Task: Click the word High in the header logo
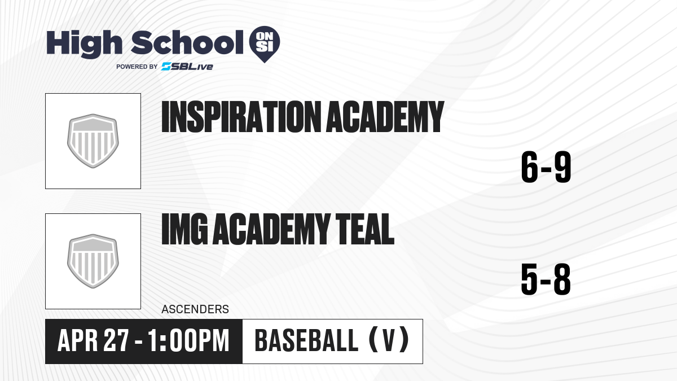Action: tap(84, 44)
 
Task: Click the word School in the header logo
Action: tap(187, 42)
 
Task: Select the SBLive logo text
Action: tap(187, 67)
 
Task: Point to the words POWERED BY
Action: tap(137, 67)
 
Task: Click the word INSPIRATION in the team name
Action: tap(241, 117)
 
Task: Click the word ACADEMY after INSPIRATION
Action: tap(385, 117)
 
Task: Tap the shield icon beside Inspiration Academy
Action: tap(93, 141)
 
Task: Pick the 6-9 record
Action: tap(546, 167)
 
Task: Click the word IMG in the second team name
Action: tap(184, 229)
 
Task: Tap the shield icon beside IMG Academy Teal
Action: tap(93, 261)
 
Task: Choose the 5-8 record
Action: tap(546, 279)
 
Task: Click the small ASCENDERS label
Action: tap(195, 309)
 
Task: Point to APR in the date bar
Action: tap(78, 341)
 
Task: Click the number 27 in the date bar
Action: tap(116, 341)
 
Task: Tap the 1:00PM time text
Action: tap(188, 341)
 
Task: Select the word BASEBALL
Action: tap(307, 341)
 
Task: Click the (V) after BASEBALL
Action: tap(389, 341)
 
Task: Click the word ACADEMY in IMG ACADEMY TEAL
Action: tap(271, 229)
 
